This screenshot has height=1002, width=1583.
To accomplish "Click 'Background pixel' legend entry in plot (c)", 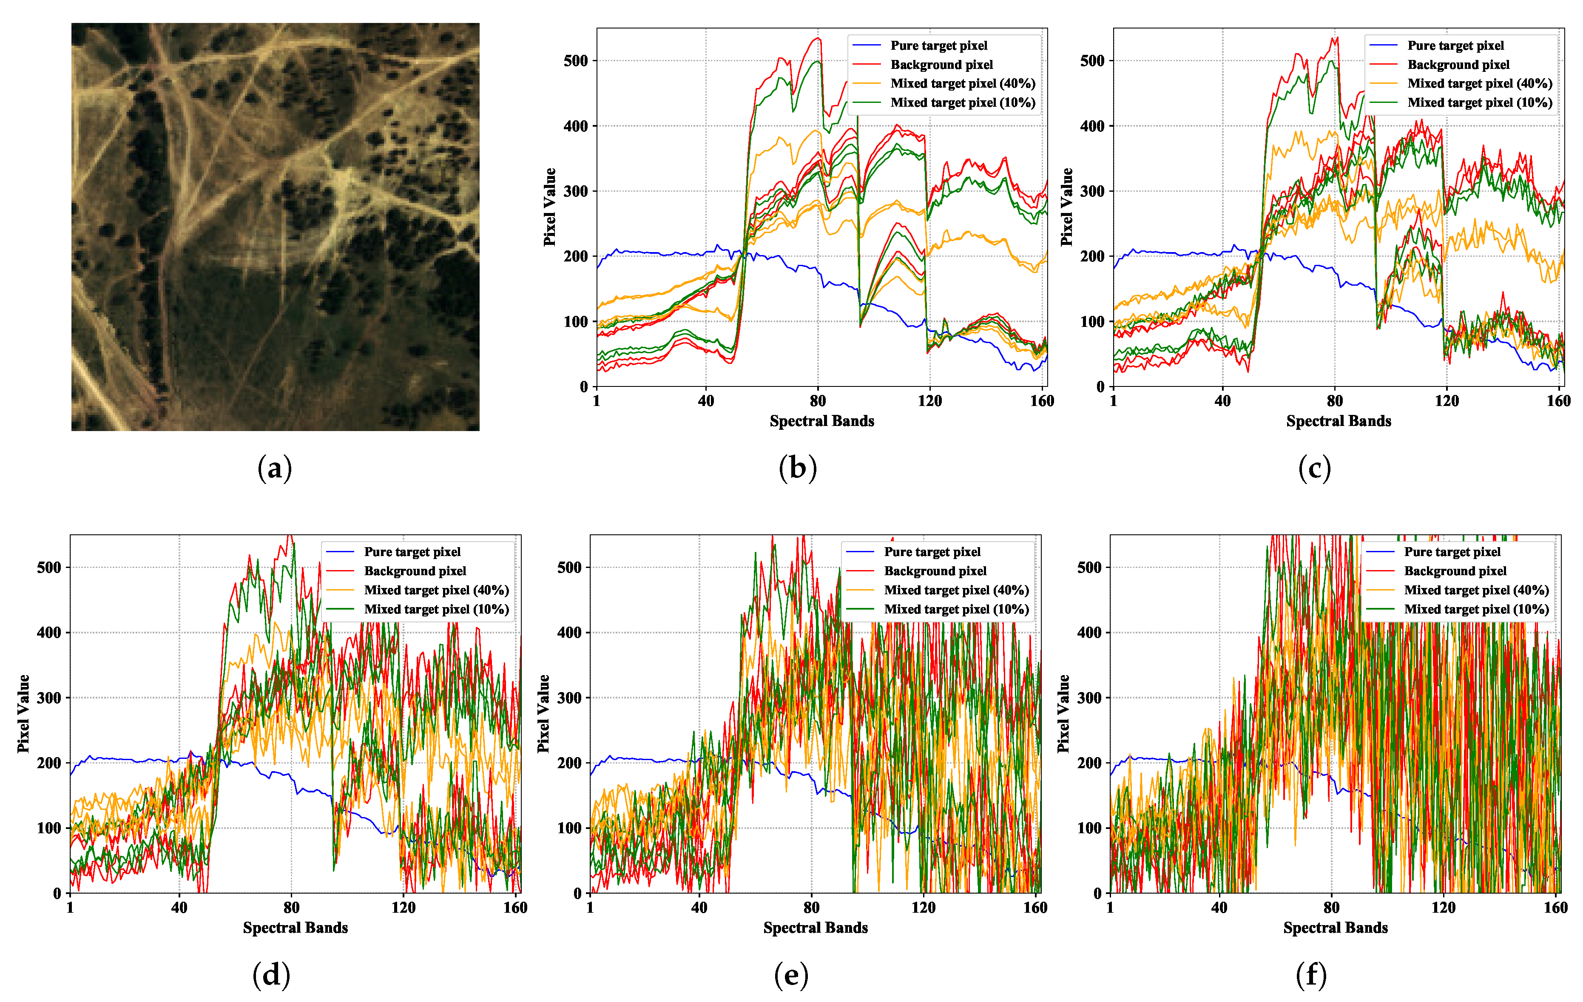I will pos(1458,65).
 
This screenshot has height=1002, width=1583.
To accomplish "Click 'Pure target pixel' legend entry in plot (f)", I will pos(1452,552).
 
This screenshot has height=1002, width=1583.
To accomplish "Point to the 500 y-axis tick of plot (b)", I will pos(575,60).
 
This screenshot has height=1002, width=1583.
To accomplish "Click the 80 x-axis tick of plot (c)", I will pos(1335,400).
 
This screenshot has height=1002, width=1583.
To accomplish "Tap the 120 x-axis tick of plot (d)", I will pos(403,907).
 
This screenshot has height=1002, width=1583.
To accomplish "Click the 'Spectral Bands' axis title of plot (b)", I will pos(822,421).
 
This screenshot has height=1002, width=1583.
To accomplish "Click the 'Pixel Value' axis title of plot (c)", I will pos(1066,207).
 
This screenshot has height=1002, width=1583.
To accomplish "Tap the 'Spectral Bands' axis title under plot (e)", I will pos(815,928).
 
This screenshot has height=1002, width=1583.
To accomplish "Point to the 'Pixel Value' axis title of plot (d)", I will pos(23,713).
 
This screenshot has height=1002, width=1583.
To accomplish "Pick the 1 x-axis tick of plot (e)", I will pos(590,907).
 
